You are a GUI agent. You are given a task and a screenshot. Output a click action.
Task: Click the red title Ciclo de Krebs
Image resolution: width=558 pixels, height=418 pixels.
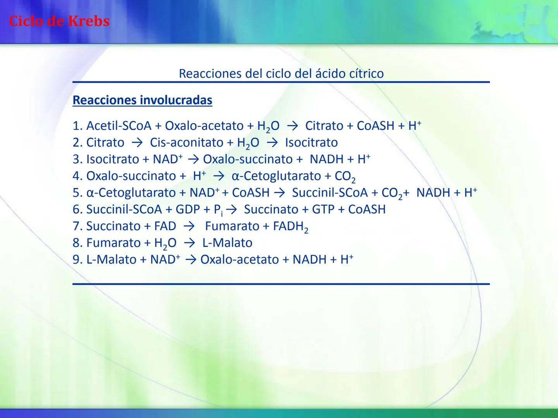click(59, 21)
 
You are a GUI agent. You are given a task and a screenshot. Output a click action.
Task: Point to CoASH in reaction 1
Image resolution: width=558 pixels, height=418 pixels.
click(375, 126)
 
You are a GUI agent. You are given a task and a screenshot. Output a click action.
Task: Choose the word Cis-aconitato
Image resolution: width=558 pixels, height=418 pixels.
click(186, 142)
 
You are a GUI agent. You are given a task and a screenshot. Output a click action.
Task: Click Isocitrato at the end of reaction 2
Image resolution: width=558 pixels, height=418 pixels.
click(311, 142)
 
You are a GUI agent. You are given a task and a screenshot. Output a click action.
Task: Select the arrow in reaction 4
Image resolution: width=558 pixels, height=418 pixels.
click(219, 176)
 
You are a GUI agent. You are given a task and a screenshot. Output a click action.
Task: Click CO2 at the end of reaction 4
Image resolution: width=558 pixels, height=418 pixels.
click(345, 176)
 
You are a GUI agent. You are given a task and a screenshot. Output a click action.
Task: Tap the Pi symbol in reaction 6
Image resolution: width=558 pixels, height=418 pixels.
click(218, 210)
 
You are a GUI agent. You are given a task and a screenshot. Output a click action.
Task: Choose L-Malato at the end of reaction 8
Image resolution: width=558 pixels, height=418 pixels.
click(227, 243)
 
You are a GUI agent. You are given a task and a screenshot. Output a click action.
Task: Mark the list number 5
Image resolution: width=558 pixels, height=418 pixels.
click(77, 193)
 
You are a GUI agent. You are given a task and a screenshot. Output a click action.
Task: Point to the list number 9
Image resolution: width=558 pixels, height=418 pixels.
click(77, 259)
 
